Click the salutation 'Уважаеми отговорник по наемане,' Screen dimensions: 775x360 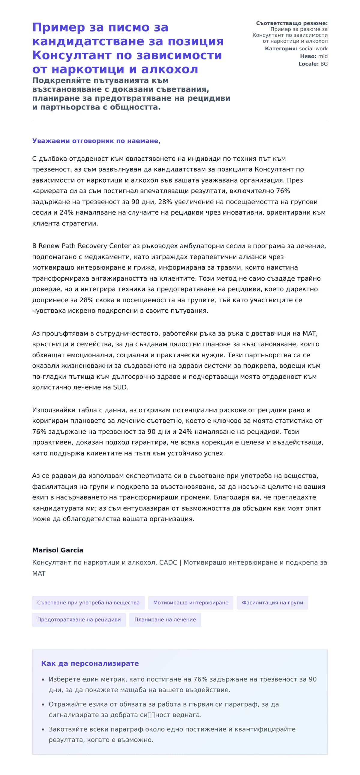[x=96, y=141]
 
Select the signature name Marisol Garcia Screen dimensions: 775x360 [x=58, y=550]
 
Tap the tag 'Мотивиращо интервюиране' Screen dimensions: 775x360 [x=190, y=603]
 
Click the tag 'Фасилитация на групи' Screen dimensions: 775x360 [x=272, y=603]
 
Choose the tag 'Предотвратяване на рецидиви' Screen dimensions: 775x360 [x=79, y=619]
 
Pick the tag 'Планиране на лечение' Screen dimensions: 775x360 [x=165, y=619]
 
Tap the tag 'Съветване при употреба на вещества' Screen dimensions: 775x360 [x=88, y=603]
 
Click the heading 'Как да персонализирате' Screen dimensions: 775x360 [x=90, y=663]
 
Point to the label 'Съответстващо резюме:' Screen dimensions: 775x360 [x=292, y=23]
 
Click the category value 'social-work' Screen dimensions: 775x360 [x=313, y=49]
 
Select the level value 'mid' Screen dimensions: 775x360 [x=323, y=56]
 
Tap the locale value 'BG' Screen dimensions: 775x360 [x=324, y=64]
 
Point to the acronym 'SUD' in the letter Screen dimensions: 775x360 [x=120, y=387]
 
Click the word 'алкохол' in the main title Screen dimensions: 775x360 [x=169, y=69]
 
